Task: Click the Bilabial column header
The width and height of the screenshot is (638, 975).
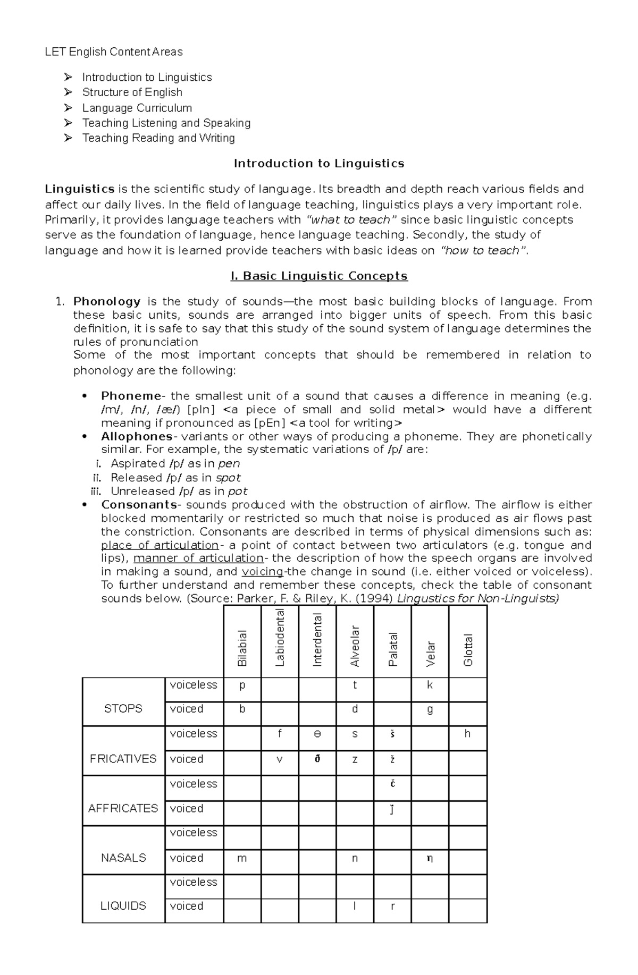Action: [242, 648]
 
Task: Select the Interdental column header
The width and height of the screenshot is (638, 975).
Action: [317, 640]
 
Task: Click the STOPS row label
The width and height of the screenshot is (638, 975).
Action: [123, 709]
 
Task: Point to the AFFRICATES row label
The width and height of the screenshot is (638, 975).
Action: [123, 808]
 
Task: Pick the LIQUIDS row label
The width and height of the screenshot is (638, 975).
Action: [123, 906]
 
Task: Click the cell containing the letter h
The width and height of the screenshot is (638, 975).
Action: [467, 734]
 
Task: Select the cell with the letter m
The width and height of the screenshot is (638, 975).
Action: [242, 858]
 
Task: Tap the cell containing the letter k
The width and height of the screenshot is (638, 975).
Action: [430, 685]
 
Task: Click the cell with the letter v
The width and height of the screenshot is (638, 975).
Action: [280, 759]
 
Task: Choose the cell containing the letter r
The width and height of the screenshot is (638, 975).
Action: [392, 906]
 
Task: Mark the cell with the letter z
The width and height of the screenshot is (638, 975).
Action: [355, 759]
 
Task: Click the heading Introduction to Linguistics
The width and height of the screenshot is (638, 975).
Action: [319, 164]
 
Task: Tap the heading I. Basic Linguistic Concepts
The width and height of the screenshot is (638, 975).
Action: [319, 276]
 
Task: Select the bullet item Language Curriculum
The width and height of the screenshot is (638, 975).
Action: [137, 108]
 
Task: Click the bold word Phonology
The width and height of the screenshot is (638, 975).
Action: [107, 302]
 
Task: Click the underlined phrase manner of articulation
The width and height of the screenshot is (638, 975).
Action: [198, 558]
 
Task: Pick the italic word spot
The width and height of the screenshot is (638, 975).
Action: [228, 478]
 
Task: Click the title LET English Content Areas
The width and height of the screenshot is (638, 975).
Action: [114, 52]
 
